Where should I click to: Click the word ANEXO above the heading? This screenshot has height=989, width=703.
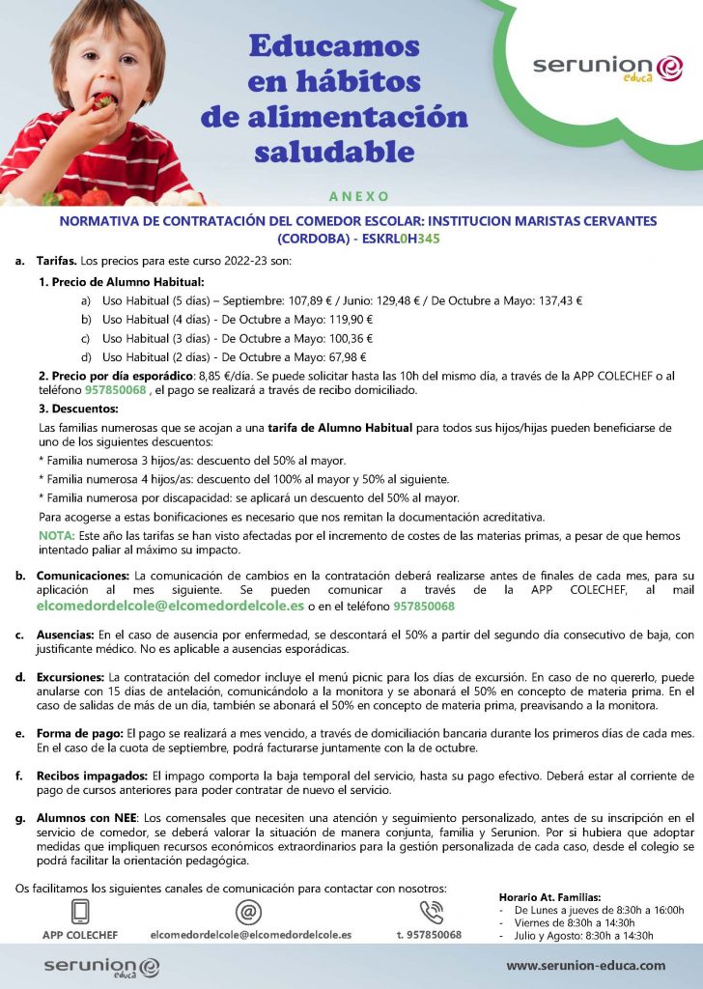click(x=358, y=196)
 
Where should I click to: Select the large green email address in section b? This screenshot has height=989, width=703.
click(x=170, y=607)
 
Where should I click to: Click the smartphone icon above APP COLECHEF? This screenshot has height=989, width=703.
click(x=80, y=912)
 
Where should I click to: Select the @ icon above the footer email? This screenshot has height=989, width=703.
click(x=250, y=912)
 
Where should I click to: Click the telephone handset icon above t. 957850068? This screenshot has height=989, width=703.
click(x=430, y=912)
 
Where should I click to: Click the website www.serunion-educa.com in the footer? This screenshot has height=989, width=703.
click(x=585, y=965)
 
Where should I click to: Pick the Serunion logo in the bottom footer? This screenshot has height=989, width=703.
click(x=101, y=966)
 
